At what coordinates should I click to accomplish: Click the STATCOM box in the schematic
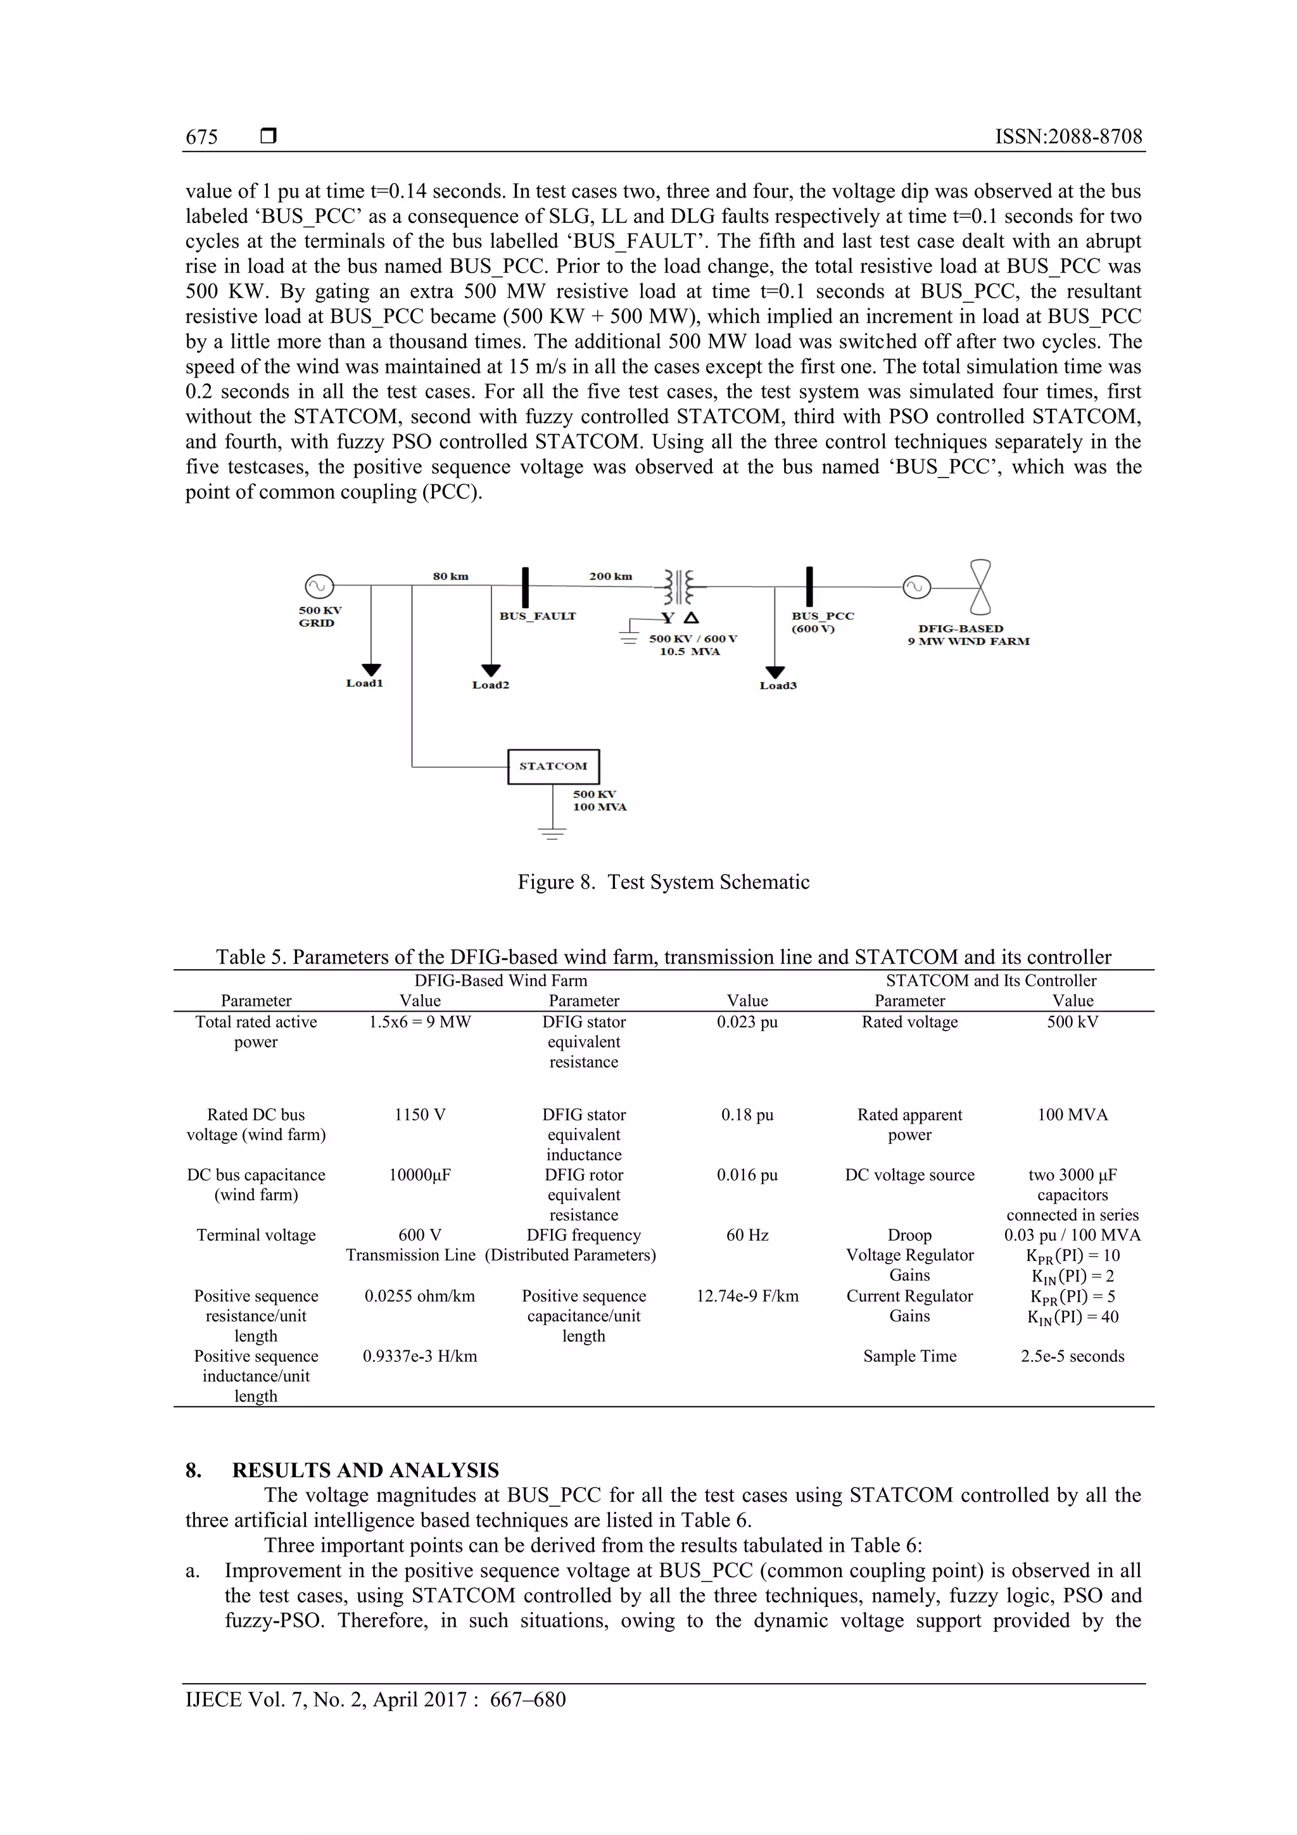553,766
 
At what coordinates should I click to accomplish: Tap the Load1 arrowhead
372,669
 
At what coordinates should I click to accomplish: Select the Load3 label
778,686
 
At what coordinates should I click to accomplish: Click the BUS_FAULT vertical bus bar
525,587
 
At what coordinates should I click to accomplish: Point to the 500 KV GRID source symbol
318,586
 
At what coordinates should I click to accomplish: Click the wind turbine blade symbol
980,586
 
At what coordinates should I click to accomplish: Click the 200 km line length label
611,576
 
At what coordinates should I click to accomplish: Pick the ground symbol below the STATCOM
552,833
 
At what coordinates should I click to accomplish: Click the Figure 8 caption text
663,882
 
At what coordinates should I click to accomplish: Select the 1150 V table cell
419,1114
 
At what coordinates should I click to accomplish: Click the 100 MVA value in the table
1072,1114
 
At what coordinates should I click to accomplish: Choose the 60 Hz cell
747,1235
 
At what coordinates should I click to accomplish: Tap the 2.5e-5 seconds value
1072,1356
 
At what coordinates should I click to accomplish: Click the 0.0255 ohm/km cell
419,1295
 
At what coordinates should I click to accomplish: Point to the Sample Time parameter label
909,1356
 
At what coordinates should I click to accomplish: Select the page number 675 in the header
201,137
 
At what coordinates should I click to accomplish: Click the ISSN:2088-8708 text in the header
1068,137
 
